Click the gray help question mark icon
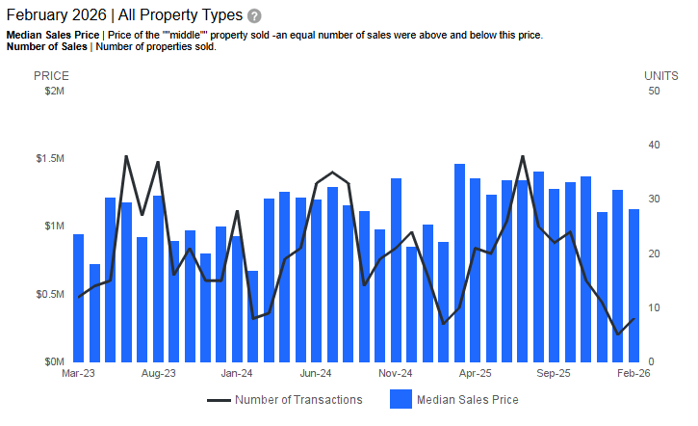254,16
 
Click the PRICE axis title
51,75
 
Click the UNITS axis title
661,75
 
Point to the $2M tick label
54,91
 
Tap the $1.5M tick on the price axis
50,158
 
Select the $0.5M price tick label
50,294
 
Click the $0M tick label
54,361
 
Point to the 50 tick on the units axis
654,91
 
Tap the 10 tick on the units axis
654,307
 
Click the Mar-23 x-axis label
78,373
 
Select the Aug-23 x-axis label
158,373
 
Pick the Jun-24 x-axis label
316,373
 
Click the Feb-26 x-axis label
633,373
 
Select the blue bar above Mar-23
79,298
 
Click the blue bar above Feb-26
633,285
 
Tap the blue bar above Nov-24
396,270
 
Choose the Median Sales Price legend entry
467,400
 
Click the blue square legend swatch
401,400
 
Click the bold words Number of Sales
46,47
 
